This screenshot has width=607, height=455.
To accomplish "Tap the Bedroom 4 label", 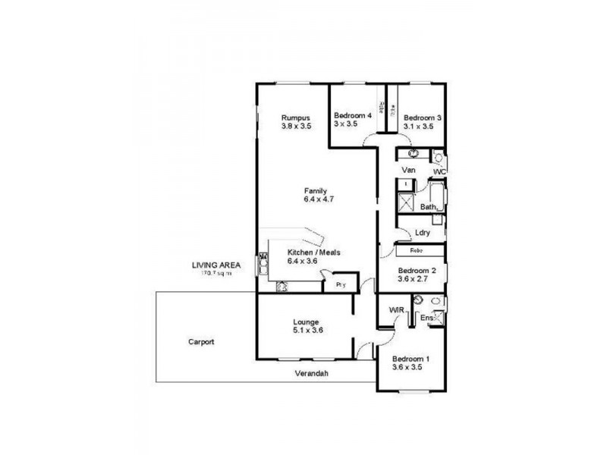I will coord(353,116).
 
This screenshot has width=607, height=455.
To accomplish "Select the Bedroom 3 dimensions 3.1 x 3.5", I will coord(418,127).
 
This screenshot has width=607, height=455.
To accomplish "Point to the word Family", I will coord(316,190).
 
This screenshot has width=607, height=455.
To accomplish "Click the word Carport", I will coord(201,342).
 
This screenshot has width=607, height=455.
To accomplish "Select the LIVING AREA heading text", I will coord(216,265).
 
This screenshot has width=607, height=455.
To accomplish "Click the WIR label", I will coord(395,309).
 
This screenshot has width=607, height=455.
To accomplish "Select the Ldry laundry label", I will coord(423,233).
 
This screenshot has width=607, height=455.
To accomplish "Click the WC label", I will coord(439,173).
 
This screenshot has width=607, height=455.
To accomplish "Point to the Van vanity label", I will coord(409,169).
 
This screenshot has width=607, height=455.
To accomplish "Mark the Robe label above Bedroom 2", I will coord(417,249).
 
